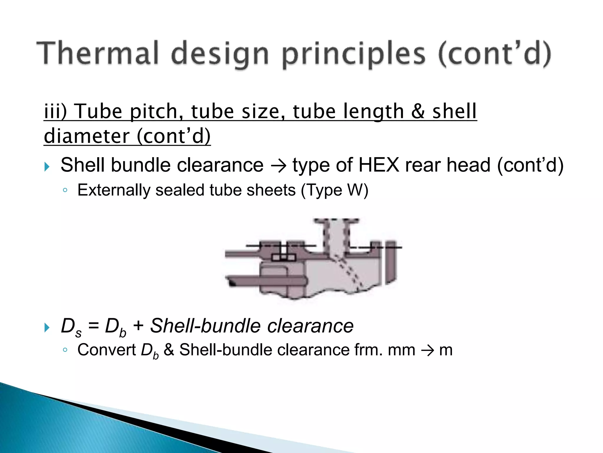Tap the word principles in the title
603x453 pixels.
354,55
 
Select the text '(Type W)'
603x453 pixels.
334,190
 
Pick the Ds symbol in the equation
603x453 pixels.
71,327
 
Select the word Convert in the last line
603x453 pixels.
106,350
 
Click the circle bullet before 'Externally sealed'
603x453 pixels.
65,191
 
